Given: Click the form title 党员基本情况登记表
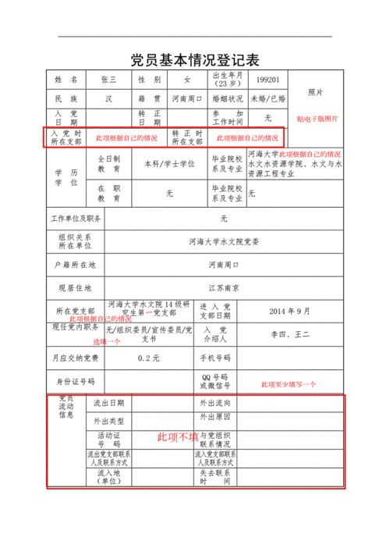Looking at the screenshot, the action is pyautogui.click(x=194, y=60).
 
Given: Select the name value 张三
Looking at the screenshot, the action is pyautogui.click(x=108, y=80).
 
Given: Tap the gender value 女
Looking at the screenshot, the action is pyautogui.click(x=186, y=80).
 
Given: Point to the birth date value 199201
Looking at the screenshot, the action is pyautogui.click(x=268, y=80).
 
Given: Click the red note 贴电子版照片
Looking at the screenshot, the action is pyautogui.click(x=317, y=119).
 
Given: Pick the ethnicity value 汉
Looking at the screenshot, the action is pyautogui.click(x=108, y=99).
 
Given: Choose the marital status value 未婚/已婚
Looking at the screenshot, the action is pyautogui.click(x=268, y=99).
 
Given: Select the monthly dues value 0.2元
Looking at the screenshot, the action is pyautogui.click(x=148, y=358).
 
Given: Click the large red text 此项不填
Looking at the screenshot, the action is pyautogui.click(x=178, y=436).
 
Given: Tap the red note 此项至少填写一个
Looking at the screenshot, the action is pyautogui.click(x=289, y=384).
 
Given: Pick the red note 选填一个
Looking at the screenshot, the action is pyautogui.click(x=108, y=342).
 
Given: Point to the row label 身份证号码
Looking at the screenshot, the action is pyautogui.click(x=75, y=381).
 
